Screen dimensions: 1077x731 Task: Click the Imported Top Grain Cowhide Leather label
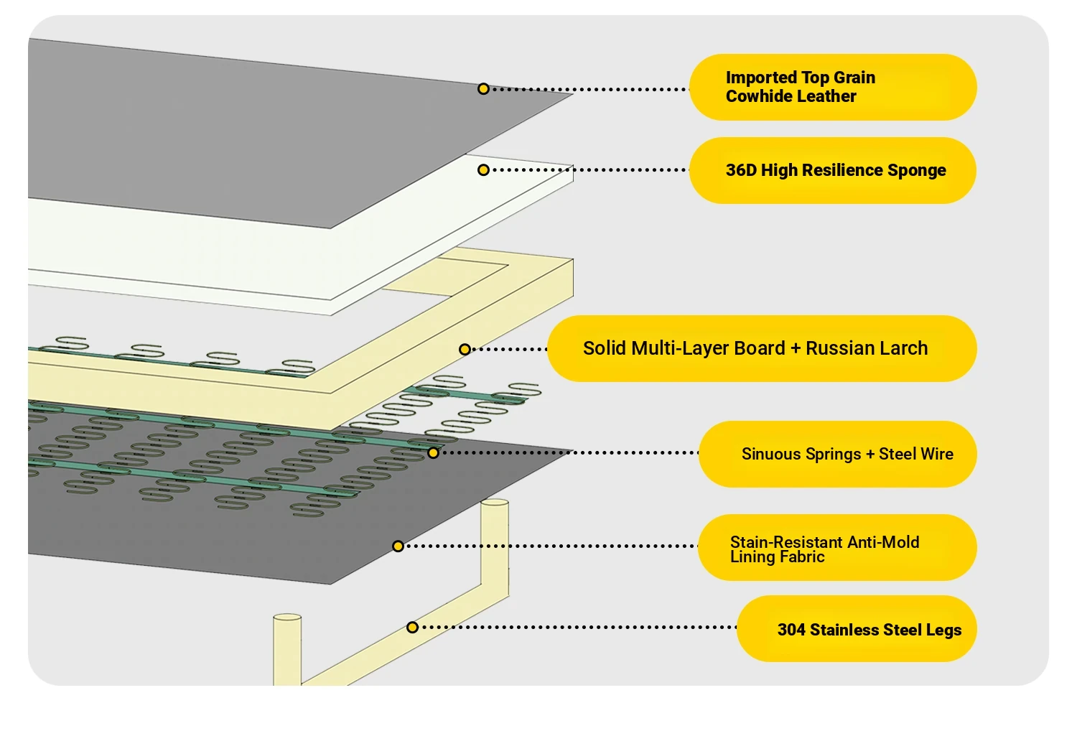coord(833,87)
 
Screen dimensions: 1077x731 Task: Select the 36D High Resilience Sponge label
coord(833,170)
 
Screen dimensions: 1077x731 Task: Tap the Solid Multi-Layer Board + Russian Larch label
coord(762,349)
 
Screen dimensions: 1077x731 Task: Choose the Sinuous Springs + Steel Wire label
coord(838,454)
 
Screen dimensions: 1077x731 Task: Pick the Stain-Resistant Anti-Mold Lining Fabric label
coord(837,547)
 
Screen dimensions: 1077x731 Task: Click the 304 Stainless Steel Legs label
coord(857,628)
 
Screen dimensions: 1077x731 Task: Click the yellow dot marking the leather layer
coord(483,88)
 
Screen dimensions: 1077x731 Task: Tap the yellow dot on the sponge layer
coord(483,169)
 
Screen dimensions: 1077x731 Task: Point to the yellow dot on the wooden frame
coord(465,350)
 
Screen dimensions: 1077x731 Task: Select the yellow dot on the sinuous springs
coord(433,452)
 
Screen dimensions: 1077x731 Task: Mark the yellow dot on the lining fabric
coord(398,546)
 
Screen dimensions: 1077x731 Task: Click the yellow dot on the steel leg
coord(412,627)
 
